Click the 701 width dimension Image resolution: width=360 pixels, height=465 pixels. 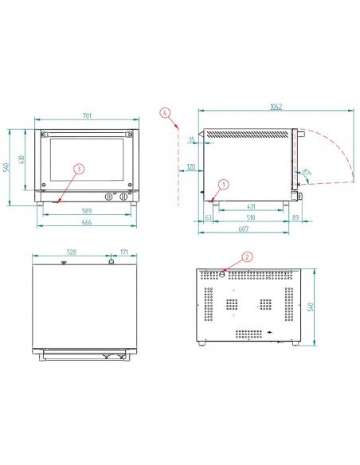(x=88, y=117)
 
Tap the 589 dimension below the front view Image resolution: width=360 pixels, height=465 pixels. (x=88, y=210)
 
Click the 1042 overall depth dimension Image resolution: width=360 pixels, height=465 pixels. (x=276, y=107)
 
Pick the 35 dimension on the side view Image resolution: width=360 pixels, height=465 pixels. (x=192, y=140)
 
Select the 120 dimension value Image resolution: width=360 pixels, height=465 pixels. (x=191, y=167)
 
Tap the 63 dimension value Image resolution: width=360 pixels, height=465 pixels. (x=209, y=217)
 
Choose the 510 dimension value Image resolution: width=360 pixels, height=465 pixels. (x=249, y=217)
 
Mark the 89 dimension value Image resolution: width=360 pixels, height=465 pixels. (x=295, y=217)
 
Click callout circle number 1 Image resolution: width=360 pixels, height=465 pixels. (x=224, y=184)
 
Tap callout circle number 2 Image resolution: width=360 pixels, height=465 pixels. (x=247, y=257)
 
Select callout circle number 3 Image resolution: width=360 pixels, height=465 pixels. (x=78, y=169)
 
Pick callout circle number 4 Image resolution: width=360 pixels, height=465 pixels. (x=165, y=113)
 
